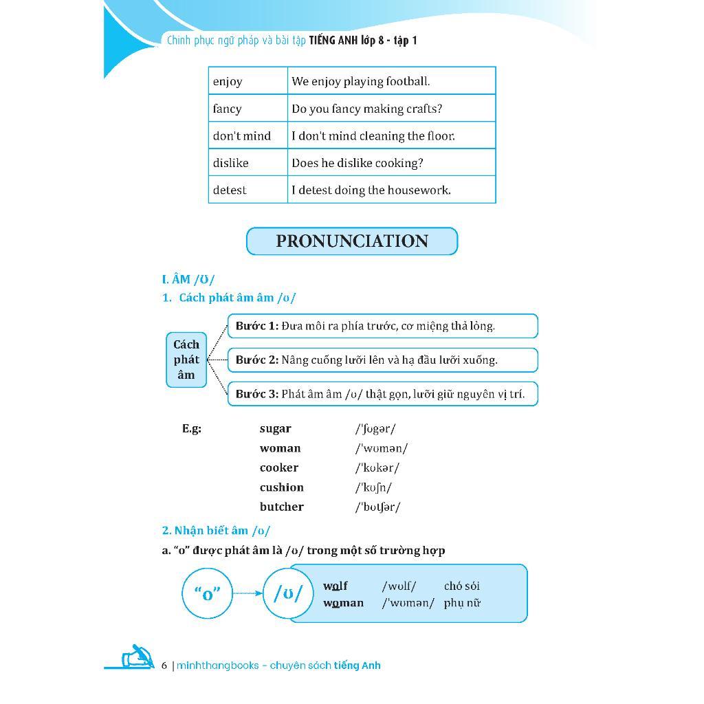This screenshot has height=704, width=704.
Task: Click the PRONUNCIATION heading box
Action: click(351, 241)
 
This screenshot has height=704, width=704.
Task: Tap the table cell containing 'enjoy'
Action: click(247, 81)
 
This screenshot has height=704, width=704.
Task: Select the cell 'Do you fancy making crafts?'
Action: click(390, 109)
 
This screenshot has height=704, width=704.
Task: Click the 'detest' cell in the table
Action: click(247, 190)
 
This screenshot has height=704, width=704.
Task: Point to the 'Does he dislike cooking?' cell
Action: click(390, 163)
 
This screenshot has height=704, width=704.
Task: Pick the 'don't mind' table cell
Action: click(247, 135)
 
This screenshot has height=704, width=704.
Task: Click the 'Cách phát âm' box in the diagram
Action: click(186, 360)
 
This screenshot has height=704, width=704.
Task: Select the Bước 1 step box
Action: click(382, 326)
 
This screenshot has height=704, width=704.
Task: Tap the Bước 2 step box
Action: click(382, 360)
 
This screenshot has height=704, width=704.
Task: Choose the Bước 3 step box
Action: click(382, 394)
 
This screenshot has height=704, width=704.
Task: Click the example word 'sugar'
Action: click(275, 428)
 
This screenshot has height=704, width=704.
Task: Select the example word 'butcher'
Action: click(281, 507)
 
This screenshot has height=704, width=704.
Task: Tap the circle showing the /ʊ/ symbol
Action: click(288, 593)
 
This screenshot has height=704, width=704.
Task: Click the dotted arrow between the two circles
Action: click(247, 593)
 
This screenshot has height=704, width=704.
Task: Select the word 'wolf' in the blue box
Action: click(335, 586)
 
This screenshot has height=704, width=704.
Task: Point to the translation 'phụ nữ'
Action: click(462, 603)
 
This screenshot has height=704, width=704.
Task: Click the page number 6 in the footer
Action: click(164, 665)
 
